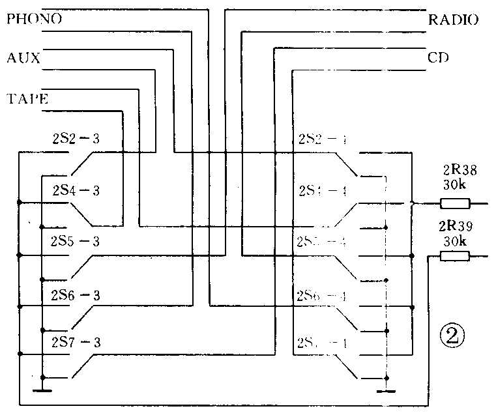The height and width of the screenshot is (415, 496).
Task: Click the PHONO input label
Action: pyautogui.click(x=34, y=19)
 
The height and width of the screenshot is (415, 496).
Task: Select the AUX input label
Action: pyautogui.click(x=23, y=58)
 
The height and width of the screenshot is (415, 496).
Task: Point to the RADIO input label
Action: pyautogui.click(x=453, y=20)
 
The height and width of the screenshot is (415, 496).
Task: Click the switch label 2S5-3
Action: pyautogui.click(x=75, y=241)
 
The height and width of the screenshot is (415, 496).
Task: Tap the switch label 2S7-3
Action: pyautogui.click(x=75, y=343)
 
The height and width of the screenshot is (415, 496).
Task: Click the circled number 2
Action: pyautogui.click(x=452, y=336)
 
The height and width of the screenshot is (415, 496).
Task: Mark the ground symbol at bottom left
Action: pyautogui.click(x=43, y=390)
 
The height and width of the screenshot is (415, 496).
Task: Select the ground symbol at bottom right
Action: pyautogui.click(x=386, y=390)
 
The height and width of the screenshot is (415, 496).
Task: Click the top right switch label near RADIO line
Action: pyautogui.click(x=323, y=139)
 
